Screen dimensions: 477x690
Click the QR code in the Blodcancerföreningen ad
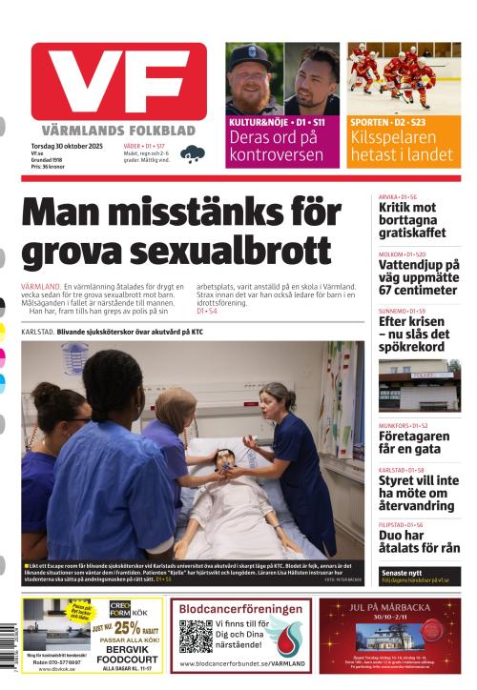pos(196,636)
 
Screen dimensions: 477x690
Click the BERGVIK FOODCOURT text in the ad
pos(127,655)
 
